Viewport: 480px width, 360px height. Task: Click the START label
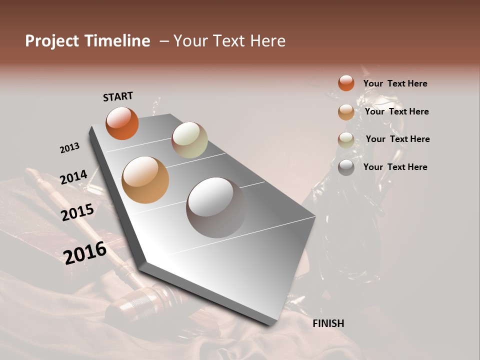(x=118, y=96)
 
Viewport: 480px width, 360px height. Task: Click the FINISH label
(x=328, y=323)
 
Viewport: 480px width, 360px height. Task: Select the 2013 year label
(x=69, y=148)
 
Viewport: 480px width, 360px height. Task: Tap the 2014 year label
(x=73, y=177)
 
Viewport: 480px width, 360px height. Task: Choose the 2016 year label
(x=85, y=252)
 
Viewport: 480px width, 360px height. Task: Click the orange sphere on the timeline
(x=122, y=123)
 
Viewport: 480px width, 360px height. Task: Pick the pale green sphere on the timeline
(x=189, y=140)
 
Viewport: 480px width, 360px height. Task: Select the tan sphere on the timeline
(x=145, y=180)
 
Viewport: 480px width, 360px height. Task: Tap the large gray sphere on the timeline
(x=216, y=207)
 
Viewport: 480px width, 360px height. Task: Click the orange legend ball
(x=346, y=83)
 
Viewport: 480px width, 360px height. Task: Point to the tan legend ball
(x=346, y=112)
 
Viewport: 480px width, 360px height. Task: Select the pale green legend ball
(x=346, y=139)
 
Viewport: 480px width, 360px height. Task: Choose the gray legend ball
(x=346, y=167)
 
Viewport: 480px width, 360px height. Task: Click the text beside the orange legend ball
(x=395, y=83)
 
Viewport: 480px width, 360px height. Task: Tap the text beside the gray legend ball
(x=395, y=167)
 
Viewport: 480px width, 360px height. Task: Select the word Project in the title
(x=52, y=41)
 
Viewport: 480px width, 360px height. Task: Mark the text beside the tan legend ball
(x=396, y=111)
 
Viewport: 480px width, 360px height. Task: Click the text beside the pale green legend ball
(x=397, y=139)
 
